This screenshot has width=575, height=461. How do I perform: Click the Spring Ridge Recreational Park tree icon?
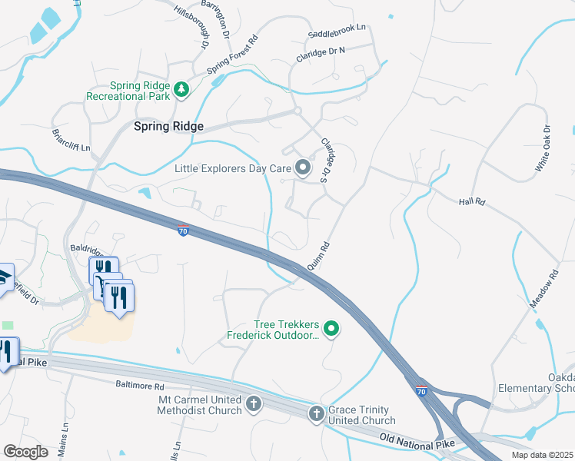pyautogui.click(x=182, y=91)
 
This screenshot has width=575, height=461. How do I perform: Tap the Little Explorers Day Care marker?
pyautogui.click(x=303, y=167)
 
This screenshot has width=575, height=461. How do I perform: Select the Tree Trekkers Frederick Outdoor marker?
pyautogui.click(x=331, y=330)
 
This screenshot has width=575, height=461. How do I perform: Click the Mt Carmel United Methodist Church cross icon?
pyautogui.click(x=254, y=403)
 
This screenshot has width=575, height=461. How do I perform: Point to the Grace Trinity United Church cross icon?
pyautogui.click(x=317, y=415)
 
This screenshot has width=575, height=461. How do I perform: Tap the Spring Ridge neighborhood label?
pyautogui.click(x=168, y=126)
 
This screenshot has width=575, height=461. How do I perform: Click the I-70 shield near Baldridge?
pyautogui.click(x=182, y=230)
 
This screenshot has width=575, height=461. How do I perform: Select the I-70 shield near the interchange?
pyautogui.click(x=421, y=391)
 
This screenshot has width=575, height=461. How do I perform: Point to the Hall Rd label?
pyautogui.click(x=472, y=201)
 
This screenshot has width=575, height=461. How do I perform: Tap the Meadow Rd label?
pyautogui.click(x=543, y=289)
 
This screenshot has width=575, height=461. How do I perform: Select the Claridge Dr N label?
pyautogui.click(x=321, y=55)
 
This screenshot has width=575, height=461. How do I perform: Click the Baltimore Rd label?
pyautogui.click(x=140, y=385)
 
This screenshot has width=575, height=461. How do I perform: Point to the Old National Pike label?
pyautogui.click(x=417, y=441)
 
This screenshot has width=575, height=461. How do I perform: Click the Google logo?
pyautogui.click(x=25, y=451)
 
